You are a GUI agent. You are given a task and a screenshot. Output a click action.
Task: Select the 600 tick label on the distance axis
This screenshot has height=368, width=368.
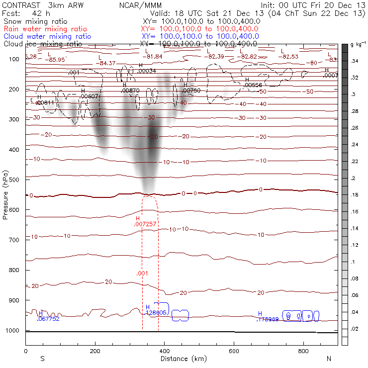pyautogui.click(x=234, y=351)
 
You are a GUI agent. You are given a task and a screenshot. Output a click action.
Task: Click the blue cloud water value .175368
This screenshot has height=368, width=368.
pyautogui.click(x=268, y=319)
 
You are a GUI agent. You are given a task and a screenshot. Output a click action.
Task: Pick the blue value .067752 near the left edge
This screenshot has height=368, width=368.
pyautogui.click(x=48, y=319)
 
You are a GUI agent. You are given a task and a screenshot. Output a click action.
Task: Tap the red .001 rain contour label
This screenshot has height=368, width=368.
pyautogui.click(x=142, y=274)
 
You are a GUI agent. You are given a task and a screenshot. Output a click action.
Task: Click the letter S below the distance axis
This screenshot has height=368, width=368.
pyautogui.click(x=42, y=359)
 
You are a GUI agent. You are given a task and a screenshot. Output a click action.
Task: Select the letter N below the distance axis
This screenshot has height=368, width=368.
pyautogui.click(x=329, y=359)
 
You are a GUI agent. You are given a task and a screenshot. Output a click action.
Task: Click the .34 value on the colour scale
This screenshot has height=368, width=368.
pyautogui.click(x=354, y=61)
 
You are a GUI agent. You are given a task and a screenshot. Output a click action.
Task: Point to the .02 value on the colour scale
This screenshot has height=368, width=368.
pyautogui.click(x=354, y=329)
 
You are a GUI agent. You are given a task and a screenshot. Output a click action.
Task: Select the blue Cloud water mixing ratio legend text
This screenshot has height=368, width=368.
pyautogui.click(x=47, y=36)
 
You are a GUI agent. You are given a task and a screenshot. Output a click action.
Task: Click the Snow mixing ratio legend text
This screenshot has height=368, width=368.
pyautogui.click(x=34, y=22)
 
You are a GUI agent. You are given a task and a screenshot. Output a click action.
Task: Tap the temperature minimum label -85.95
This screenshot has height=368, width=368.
pyautogui.click(x=57, y=60)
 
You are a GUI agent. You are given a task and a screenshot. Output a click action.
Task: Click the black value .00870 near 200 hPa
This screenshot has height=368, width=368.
pyautogui.click(x=130, y=91)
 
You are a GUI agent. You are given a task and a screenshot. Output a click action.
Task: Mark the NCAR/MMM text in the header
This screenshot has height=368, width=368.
pyautogui.click(x=141, y=5)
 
